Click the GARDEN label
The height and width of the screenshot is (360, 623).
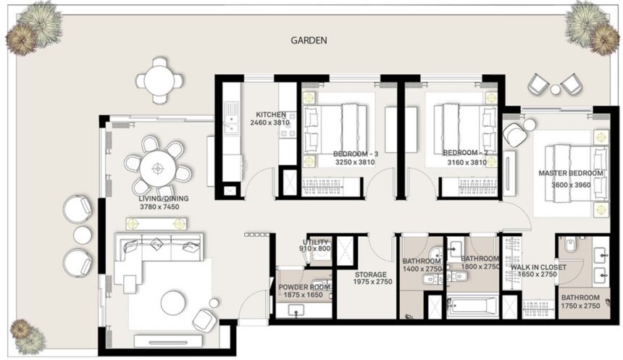click(309, 41)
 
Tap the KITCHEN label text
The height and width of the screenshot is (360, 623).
click(269, 114)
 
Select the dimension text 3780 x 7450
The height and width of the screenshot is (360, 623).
click(159, 207)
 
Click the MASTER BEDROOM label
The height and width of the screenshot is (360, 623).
click(570, 174)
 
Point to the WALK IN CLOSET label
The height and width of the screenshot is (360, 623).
click(538, 267)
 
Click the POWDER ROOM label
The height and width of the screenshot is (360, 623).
click(304, 287)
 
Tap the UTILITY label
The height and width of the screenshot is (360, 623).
click(316, 242)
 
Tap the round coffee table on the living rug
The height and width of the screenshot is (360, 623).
click(174, 302)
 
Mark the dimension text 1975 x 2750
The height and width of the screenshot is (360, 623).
click(373, 282)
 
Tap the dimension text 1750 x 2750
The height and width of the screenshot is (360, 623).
click(580, 306)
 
